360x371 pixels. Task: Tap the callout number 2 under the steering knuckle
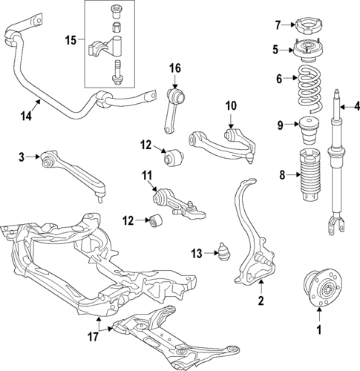pyautogui.click(x=261, y=301)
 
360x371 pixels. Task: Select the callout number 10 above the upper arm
pyautogui.click(x=230, y=106)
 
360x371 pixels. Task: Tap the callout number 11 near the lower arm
pyautogui.click(x=146, y=176)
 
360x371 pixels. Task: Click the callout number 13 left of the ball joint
pyautogui.click(x=195, y=254)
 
